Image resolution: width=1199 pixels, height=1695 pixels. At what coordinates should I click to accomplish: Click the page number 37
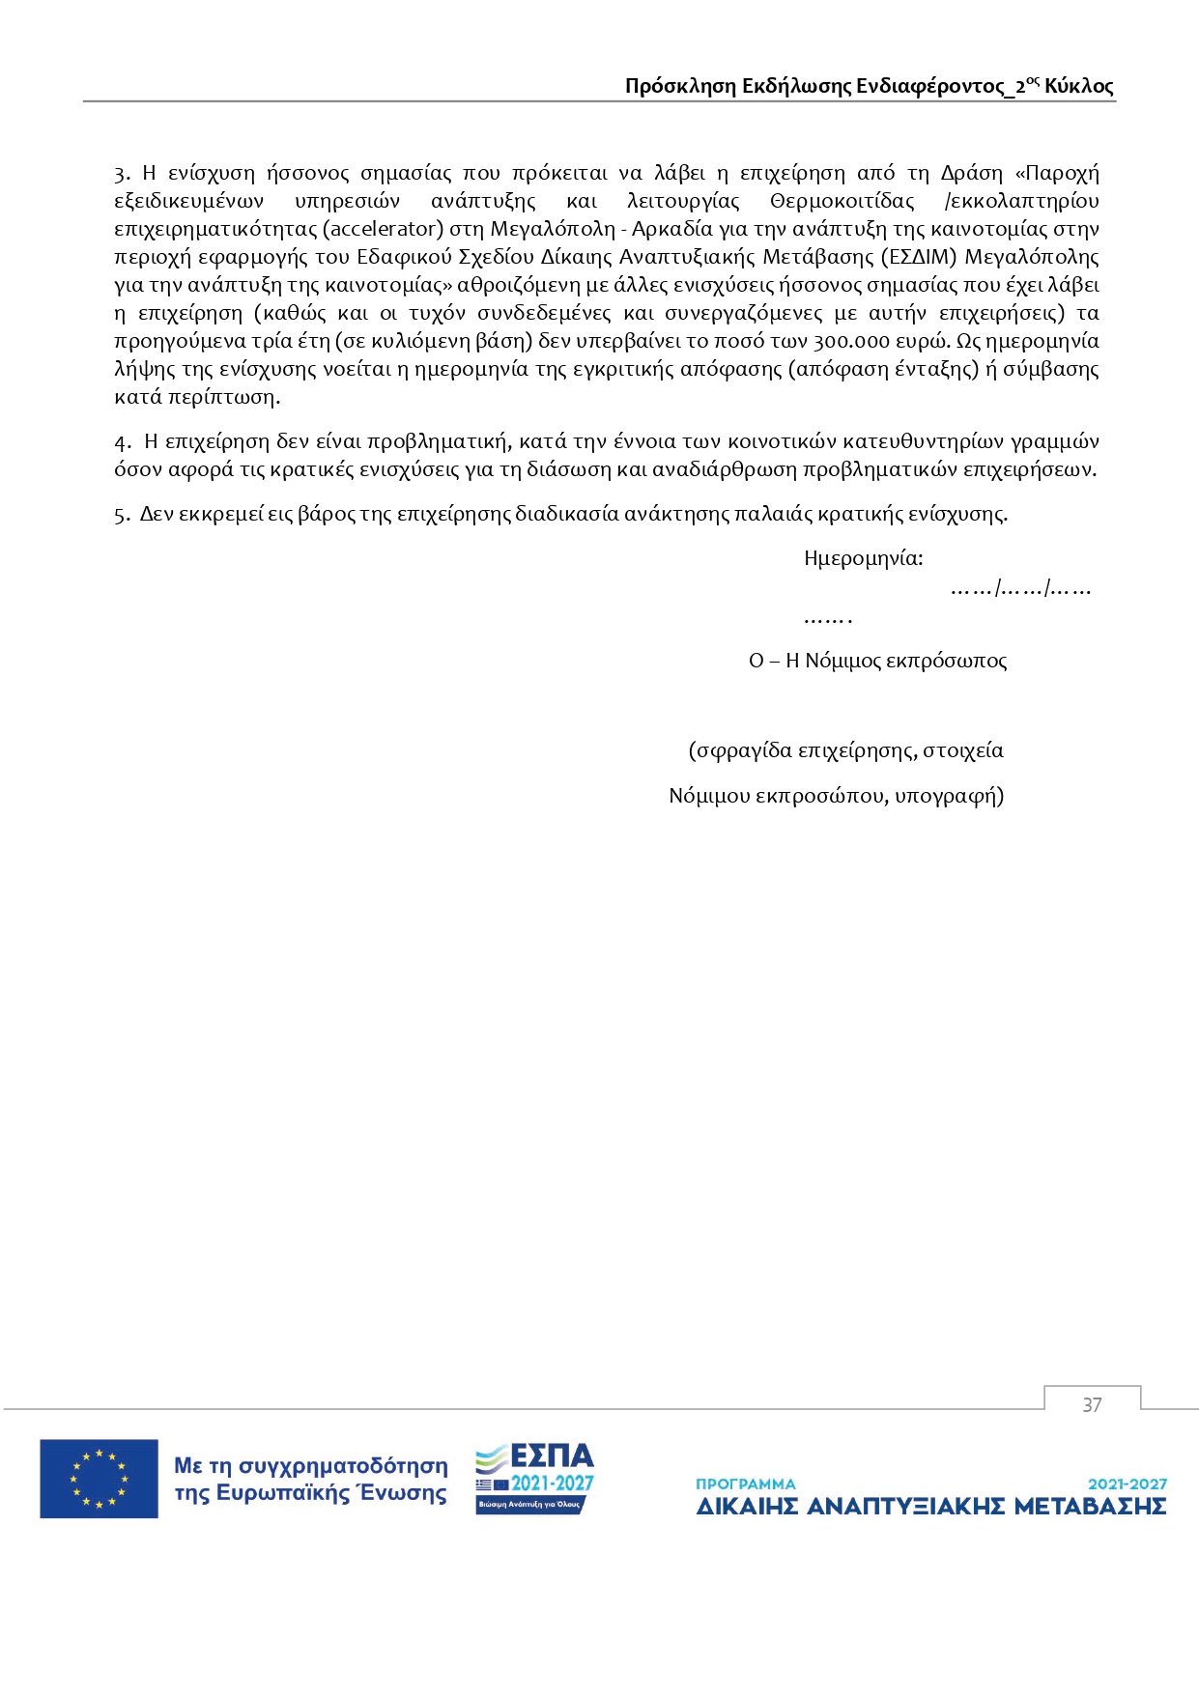[x=1092, y=1405]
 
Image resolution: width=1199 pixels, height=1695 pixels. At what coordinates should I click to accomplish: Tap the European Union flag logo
[x=99, y=1479]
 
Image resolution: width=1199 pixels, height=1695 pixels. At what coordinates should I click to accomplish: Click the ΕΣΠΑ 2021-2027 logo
[x=534, y=1479]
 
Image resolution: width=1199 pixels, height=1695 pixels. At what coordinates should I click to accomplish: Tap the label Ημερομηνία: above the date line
[x=863, y=558]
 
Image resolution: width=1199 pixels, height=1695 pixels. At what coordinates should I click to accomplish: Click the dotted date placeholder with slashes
[x=1020, y=588]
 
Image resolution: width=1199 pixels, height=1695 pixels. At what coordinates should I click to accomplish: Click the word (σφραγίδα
[x=740, y=750]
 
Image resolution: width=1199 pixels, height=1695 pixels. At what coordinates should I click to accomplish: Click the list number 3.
[x=121, y=174]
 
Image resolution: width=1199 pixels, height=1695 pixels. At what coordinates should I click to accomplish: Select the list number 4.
[x=122, y=442]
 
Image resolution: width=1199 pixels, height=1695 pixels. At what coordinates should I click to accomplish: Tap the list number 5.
[x=121, y=515]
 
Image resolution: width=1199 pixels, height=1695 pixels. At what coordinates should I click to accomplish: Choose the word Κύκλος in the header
[x=1079, y=86]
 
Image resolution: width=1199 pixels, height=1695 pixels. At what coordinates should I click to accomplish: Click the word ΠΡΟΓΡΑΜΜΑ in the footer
[x=746, y=1483]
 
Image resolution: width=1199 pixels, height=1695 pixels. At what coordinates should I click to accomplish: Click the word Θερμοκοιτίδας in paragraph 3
[x=842, y=201]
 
